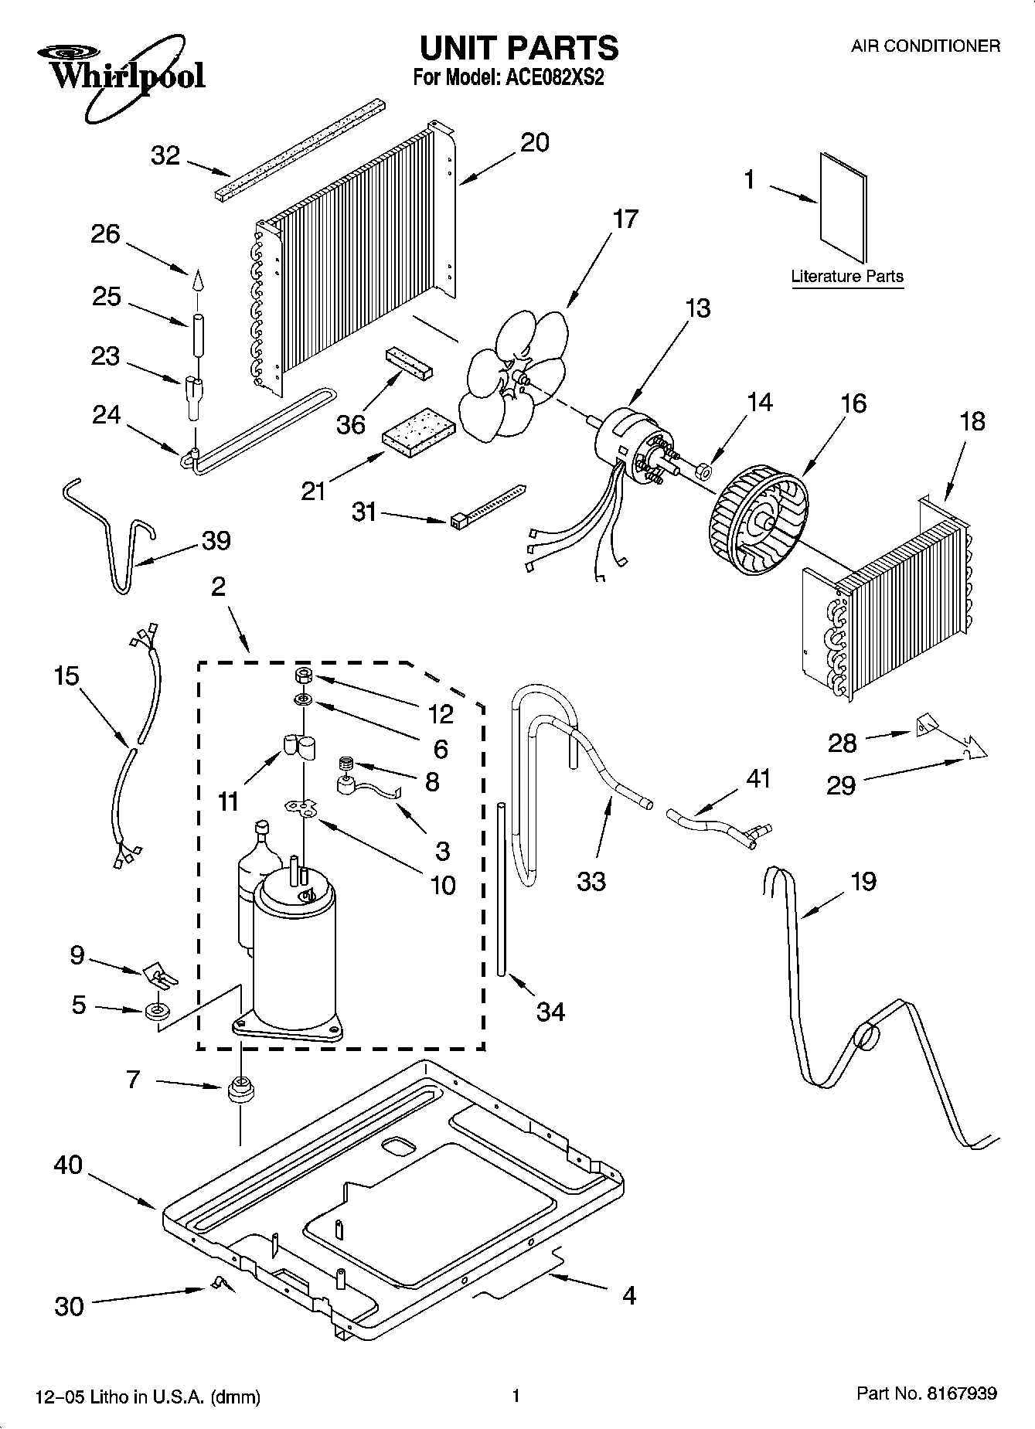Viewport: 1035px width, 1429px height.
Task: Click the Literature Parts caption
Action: (x=846, y=276)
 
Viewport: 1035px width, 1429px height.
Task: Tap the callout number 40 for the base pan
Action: (x=68, y=1165)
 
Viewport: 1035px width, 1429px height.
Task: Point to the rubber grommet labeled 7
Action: (x=240, y=1090)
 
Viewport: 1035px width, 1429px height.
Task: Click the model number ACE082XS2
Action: (x=553, y=78)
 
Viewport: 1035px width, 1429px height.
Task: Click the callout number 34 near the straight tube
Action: (x=550, y=1011)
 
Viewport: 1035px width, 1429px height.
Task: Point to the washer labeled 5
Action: (x=157, y=1011)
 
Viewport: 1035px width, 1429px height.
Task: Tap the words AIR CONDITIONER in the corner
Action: (x=925, y=46)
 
